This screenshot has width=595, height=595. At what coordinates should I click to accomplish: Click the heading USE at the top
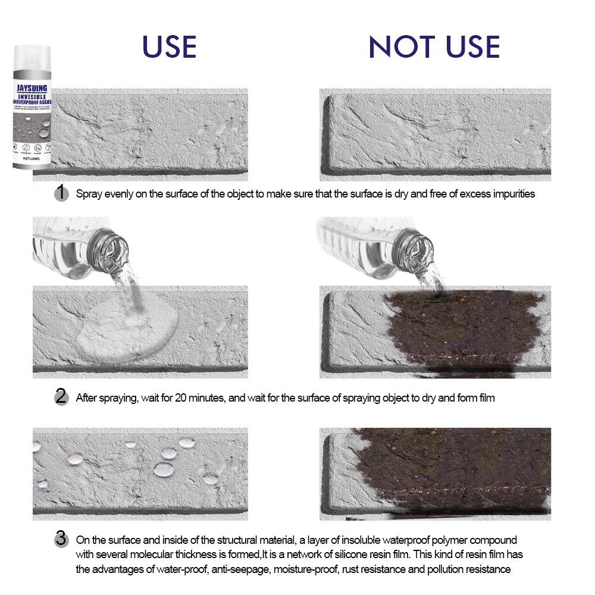pyautogui.click(x=169, y=47)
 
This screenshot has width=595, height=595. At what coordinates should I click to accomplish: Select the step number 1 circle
pyautogui.click(x=61, y=193)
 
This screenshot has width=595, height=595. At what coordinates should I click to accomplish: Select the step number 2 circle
pyautogui.click(x=61, y=397)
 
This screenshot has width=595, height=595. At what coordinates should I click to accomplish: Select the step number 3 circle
pyautogui.click(x=61, y=540)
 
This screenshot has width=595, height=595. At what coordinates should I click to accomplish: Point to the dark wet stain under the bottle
pyautogui.click(x=458, y=333)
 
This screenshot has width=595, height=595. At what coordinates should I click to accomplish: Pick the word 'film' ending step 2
pyautogui.click(x=484, y=398)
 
